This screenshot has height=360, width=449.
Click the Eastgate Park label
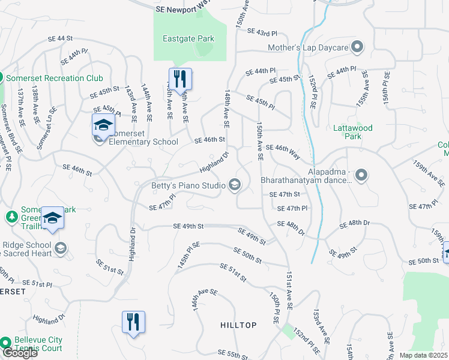point(188,39)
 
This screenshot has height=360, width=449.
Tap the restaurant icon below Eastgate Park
point(179,79)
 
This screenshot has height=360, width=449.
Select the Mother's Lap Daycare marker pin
point(358,47)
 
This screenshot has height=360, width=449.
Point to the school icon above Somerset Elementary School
point(103,125)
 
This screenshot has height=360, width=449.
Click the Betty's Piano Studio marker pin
point(235,185)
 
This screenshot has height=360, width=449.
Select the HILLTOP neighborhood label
point(240,325)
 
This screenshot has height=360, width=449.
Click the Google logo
point(19,353)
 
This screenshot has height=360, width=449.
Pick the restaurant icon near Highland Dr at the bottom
point(133,322)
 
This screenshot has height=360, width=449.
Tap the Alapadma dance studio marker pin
point(361,175)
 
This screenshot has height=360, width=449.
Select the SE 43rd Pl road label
point(262,32)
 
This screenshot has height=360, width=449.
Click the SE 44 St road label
point(64,39)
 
